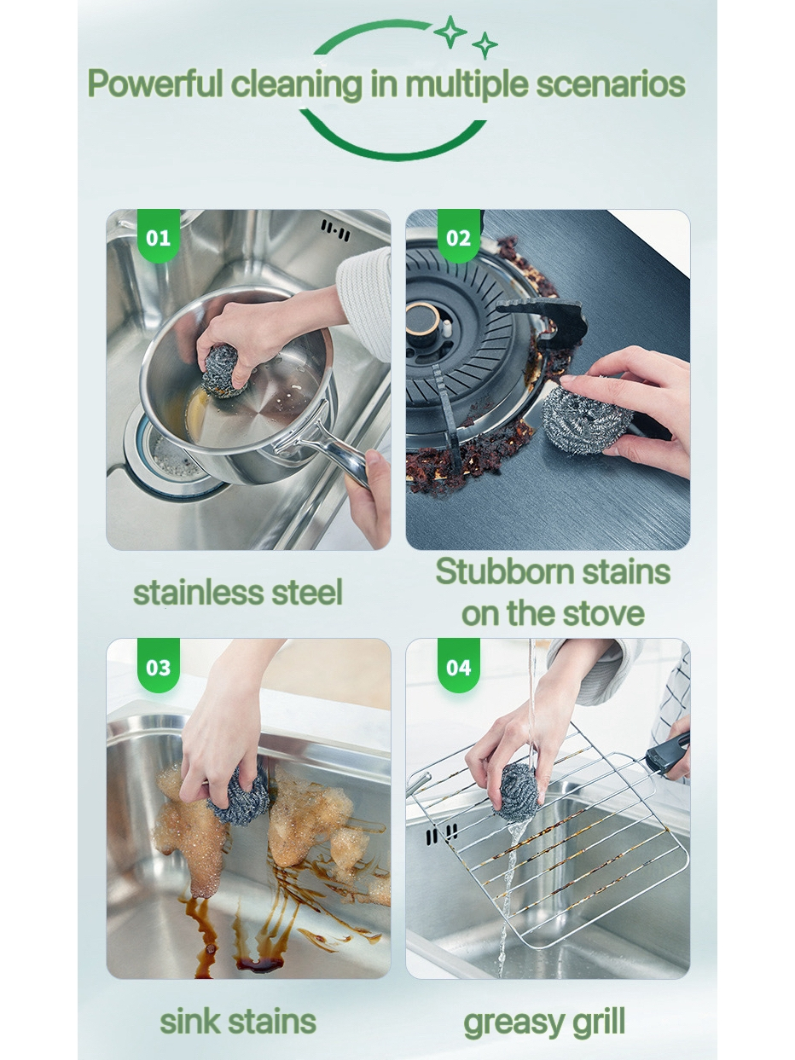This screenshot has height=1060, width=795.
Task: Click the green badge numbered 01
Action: click(159, 235)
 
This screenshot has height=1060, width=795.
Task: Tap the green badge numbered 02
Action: click(458, 235)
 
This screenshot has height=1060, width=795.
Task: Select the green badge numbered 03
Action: click(159, 665)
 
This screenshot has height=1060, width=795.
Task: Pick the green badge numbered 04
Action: click(458, 665)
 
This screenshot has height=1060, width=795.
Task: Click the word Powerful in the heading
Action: click(155, 84)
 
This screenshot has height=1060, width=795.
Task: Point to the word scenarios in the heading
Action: click(611, 84)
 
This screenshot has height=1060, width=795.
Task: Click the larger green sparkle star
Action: click(450, 32)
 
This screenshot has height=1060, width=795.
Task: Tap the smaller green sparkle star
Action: click(485, 45)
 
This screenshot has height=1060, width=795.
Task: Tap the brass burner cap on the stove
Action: click(422, 321)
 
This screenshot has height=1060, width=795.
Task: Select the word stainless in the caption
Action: click(199, 593)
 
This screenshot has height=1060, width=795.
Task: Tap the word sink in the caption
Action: click(189, 1022)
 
